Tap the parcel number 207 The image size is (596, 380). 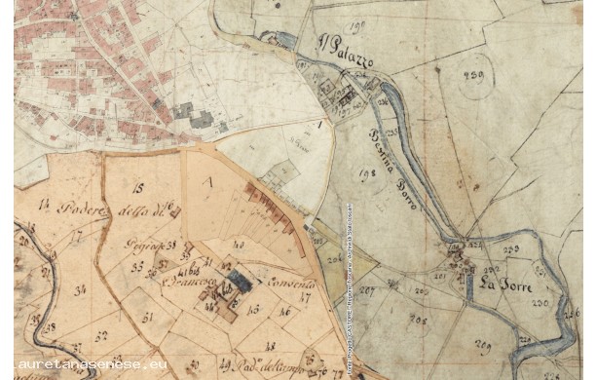(x=367, y=289)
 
